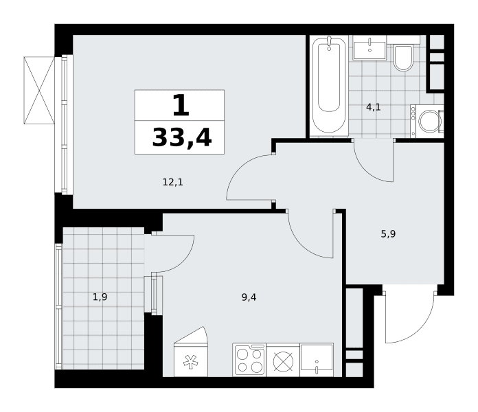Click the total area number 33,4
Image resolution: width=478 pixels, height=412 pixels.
182,138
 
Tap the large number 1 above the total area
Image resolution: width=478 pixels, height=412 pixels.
181,105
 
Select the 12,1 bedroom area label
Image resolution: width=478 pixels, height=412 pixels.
173,182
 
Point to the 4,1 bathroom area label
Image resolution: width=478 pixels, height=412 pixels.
374,107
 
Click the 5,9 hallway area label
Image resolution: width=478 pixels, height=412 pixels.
389,233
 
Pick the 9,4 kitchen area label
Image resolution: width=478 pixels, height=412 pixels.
249,297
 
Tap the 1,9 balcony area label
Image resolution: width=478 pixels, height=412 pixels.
100,297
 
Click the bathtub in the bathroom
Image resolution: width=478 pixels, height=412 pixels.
329,87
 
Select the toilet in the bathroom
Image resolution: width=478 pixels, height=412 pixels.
403,58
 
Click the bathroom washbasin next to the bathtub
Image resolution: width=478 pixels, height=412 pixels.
369,48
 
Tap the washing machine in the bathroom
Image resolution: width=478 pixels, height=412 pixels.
426,122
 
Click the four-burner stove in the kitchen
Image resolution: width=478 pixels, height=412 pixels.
249,360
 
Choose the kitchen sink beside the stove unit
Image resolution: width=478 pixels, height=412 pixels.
317,360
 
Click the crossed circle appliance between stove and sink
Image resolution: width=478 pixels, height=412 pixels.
283,360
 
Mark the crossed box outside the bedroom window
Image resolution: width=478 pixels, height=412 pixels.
39,91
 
